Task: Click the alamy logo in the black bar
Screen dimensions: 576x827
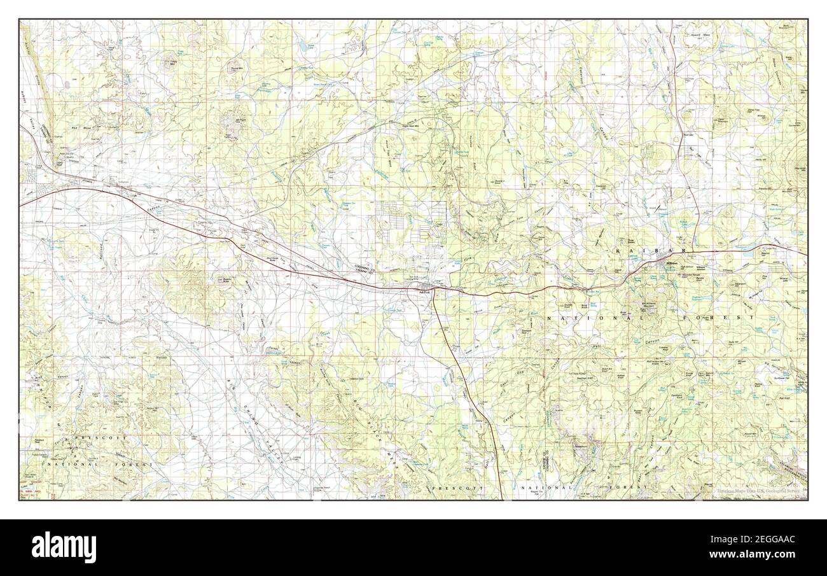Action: click(57, 547)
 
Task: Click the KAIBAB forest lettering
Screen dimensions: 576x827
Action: click(643, 253)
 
